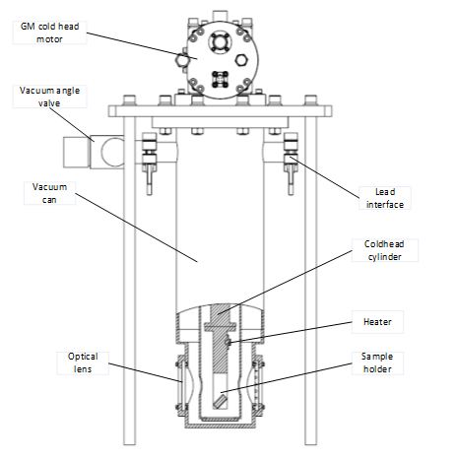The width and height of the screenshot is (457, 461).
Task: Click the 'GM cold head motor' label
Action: tap(49, 33)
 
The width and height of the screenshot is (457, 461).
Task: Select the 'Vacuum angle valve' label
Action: tap(49, 97)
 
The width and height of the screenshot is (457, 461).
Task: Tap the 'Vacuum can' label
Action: tap(49, 193)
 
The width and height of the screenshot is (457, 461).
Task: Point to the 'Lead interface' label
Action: tap(385, 198)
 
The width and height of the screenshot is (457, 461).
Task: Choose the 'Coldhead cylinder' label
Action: tap(384, 250)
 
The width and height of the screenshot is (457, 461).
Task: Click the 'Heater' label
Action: tap(377, 322)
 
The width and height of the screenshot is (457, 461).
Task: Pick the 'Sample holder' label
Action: tap(377, 362)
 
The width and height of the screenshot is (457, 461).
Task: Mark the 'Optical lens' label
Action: tap(83, 362)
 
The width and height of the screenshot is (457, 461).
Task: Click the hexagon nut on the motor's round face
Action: tap(241, 60)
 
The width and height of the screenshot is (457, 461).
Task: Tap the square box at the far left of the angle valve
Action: tap(77, 152)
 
